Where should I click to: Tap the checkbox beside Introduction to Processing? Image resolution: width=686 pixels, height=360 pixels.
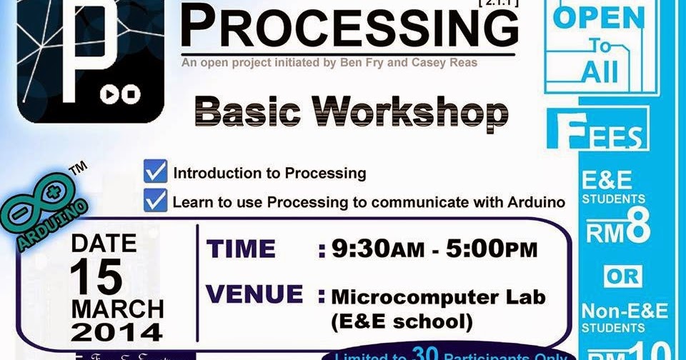coord(155,172)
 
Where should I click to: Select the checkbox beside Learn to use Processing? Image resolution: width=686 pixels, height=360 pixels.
coord(155,201)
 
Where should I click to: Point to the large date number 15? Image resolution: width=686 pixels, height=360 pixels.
coord(96,276)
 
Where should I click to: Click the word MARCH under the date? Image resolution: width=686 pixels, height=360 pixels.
coord(116,309)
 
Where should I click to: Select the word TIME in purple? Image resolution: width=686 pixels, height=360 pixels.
coord(241,249)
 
